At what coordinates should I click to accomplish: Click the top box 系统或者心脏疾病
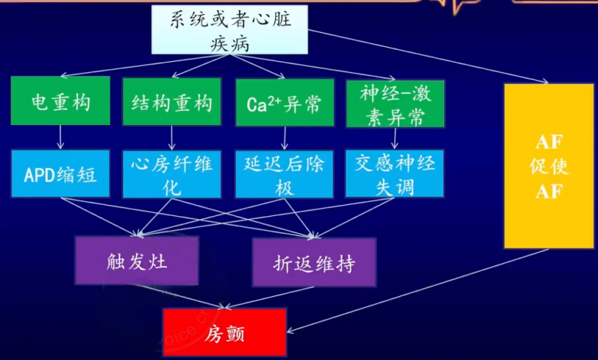(229, 29)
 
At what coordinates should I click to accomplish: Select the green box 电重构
(60, 101)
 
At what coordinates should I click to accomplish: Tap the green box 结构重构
(171, 102)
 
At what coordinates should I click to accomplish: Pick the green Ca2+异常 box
(285, 103)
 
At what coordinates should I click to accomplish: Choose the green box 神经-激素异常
(395, 103)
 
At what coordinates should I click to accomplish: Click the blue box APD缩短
(60, 173)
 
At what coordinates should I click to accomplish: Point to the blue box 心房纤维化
(171, 175)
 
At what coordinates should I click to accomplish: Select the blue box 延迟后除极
(284, 175)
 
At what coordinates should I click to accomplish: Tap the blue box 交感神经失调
(395, 174)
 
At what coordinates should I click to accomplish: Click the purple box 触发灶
(137, 261)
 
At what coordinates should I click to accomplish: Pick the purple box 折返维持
(314, 262)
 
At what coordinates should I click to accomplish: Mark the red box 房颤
(225, 333)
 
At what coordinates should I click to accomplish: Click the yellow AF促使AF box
(549, 166)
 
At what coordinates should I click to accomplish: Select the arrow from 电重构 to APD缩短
(60, 137)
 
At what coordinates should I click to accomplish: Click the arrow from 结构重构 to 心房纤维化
(171, 138)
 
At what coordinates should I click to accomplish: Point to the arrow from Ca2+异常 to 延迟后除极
(284, 138)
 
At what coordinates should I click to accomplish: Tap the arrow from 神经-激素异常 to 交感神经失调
(395, 138)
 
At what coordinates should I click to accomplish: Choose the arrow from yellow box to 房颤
(417, 290)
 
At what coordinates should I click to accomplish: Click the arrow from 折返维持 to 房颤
(269, 297)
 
